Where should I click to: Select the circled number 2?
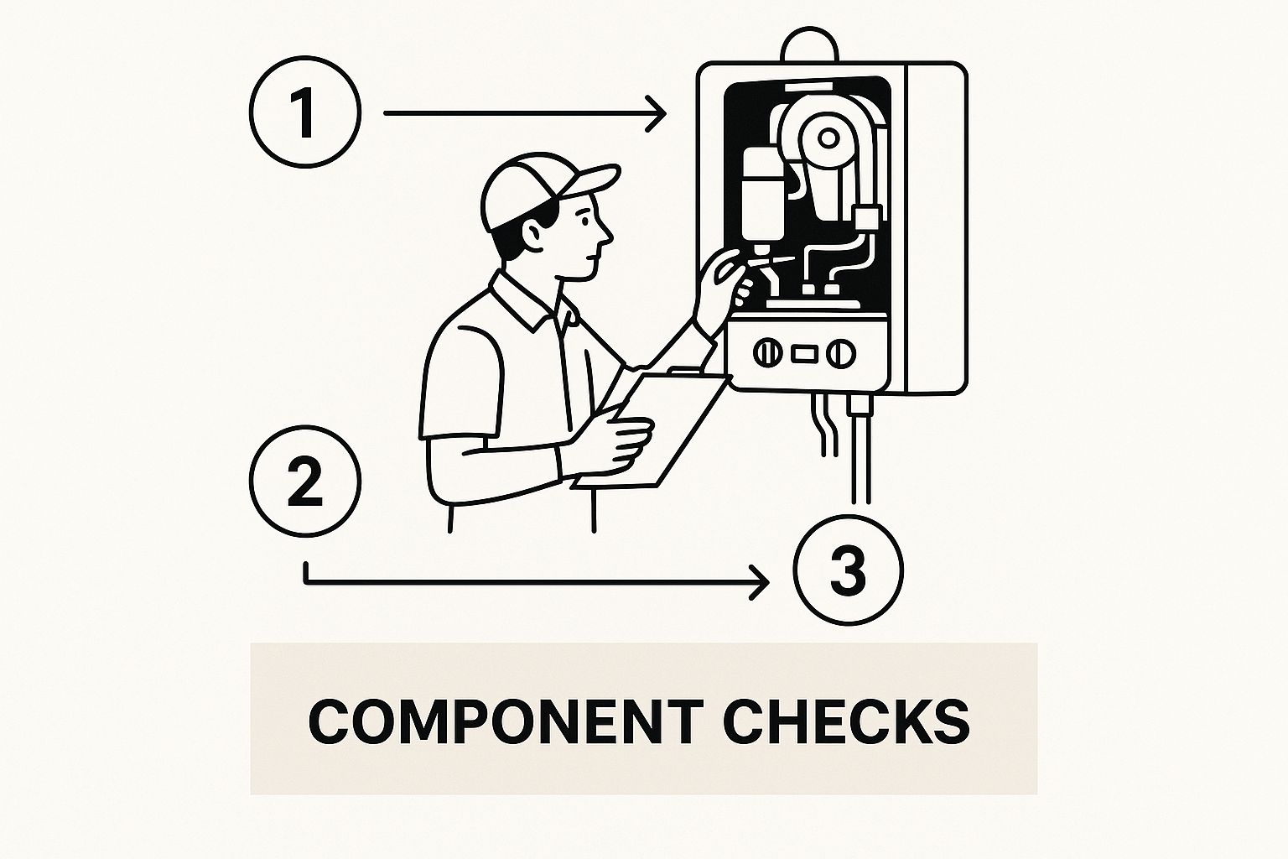[x=305, y=482]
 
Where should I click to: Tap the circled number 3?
[x=848, y=570]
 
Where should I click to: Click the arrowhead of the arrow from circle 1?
[x=657, y=114]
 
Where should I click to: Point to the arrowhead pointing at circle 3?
[x=761, y=583]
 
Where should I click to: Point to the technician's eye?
[x=584, y=221]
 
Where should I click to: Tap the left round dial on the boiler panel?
[x=767, y=353]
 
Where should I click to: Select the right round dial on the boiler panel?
[x=841, y=353]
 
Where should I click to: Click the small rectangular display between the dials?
[x=804, y=354]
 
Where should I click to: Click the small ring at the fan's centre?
[x=828, y=138]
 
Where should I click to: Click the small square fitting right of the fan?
[x=867, y=219]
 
